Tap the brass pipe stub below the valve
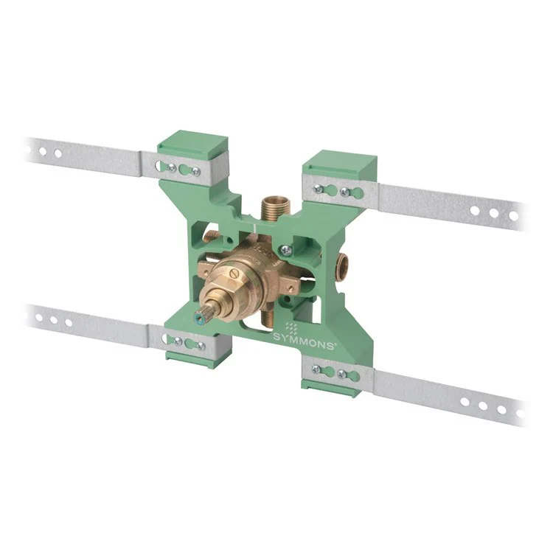(268, 319)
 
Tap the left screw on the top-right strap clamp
(319, 189)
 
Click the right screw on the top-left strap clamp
(195, 171)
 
